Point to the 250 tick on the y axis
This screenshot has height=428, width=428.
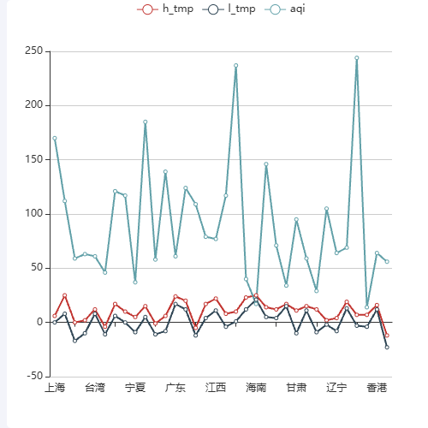point(33,51)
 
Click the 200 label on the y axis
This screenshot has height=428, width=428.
point(33,105)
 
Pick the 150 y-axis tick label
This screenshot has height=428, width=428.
point(33,160)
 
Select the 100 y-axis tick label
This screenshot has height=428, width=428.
point(33,214)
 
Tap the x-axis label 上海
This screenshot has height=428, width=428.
point(55,389)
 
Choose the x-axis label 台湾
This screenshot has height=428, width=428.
point(95,389)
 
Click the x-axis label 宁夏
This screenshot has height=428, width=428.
point(135,389)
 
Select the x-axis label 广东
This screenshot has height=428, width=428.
point(175,389)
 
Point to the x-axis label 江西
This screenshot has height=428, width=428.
point(216,389)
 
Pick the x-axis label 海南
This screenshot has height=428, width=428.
point(256,389)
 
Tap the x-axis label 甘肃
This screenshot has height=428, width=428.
point(296,389)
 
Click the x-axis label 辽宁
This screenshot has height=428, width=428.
point(336,389)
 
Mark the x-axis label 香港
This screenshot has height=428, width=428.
point(377,389)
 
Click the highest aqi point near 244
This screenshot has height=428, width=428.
point(357,58)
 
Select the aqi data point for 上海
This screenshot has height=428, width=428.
point(55,138)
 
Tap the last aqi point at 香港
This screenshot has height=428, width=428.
point(387,261)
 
